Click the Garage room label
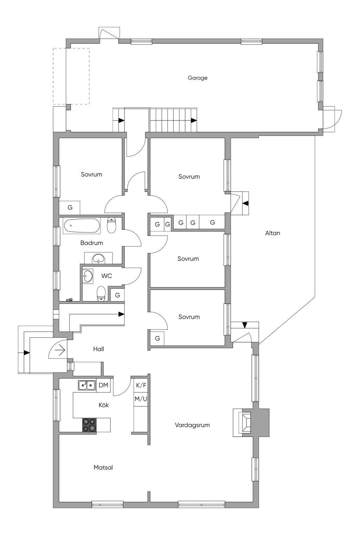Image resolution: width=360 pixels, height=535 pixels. (x=198, y=78)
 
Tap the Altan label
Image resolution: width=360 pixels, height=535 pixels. (x=272, y=233)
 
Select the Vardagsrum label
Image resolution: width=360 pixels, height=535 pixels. (x=192, y=425)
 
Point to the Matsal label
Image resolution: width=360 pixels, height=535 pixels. (x=103, y=468)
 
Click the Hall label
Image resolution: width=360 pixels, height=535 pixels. (x=98, y=349)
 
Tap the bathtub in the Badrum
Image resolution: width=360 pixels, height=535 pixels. (x=81, y=226)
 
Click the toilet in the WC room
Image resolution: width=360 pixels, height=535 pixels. (x=101, y=294)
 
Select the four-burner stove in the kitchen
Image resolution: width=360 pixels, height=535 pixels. (x=89, y=425)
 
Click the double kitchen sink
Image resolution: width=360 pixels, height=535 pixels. (x=86, y=385)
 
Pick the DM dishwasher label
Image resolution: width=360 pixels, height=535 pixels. (x=103, y=385)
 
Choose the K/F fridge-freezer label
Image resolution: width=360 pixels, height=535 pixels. (x=141, y=385)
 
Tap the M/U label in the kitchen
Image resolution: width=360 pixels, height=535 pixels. (x=141, y=399)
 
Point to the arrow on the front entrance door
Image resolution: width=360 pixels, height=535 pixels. (x=60, y=350)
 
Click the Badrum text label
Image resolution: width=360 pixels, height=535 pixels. (x=91, y=243)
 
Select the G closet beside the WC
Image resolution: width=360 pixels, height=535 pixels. (x=117, y=295)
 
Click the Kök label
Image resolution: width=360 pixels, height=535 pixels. (x=104, y=405)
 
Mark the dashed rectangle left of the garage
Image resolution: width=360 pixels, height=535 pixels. (x=71, y=76)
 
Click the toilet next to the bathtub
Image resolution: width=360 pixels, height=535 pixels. (x=111, y=225)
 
